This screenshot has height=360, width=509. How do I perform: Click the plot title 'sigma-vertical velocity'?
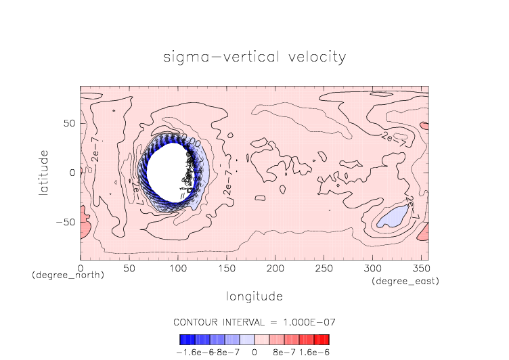coord(255,57)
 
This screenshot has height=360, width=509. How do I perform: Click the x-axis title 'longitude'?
coord(255,296)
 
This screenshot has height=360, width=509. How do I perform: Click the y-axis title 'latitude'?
coord(44,173)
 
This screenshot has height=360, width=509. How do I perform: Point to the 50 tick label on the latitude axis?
coord(68,123)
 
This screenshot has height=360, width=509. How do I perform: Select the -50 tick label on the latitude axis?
coord(66,222)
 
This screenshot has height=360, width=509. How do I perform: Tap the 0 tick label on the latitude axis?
coord(72,173)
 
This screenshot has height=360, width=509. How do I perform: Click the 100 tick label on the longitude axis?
coord(177,268)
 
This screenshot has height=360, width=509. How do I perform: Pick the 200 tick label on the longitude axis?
coord(274,268)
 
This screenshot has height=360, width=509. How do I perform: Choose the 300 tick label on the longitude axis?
coord(371,268)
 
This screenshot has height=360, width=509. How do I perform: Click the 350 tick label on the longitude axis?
coord(420,268)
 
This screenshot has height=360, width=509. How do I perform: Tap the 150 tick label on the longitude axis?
coord(226,268)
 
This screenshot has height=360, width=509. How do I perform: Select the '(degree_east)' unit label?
coord(405,281)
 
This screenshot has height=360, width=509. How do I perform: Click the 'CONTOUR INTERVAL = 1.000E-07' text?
coord(255,321)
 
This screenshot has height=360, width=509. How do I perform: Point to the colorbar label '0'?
coord(254,352)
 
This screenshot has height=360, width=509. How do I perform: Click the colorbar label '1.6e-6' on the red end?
coord(314,352)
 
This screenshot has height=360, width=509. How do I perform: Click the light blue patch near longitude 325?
coord(393,217)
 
